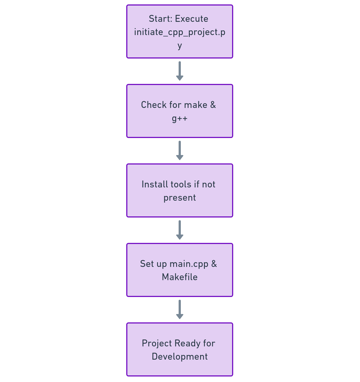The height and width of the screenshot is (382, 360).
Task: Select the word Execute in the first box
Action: click(192, 19)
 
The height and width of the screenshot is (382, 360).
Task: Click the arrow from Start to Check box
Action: click(180, 71)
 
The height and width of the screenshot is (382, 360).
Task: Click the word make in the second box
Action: click(195, 105)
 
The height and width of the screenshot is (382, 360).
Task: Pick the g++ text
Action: click(179, 118)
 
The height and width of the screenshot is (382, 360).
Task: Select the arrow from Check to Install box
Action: click(180, 150)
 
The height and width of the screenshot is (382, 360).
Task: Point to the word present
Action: click(179, 198)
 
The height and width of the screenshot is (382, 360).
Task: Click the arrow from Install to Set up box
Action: click(180, 230)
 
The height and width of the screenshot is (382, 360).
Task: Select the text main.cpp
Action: click(189, 264)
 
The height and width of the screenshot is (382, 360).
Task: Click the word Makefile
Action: click(179, 277)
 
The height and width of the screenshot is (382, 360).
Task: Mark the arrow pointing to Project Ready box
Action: click(180, 309)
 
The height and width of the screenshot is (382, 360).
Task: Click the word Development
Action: click(179, 357)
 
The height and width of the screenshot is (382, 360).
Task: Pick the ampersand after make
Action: click(213, 105)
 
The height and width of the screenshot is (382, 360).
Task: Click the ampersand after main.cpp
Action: click(214, 264)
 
